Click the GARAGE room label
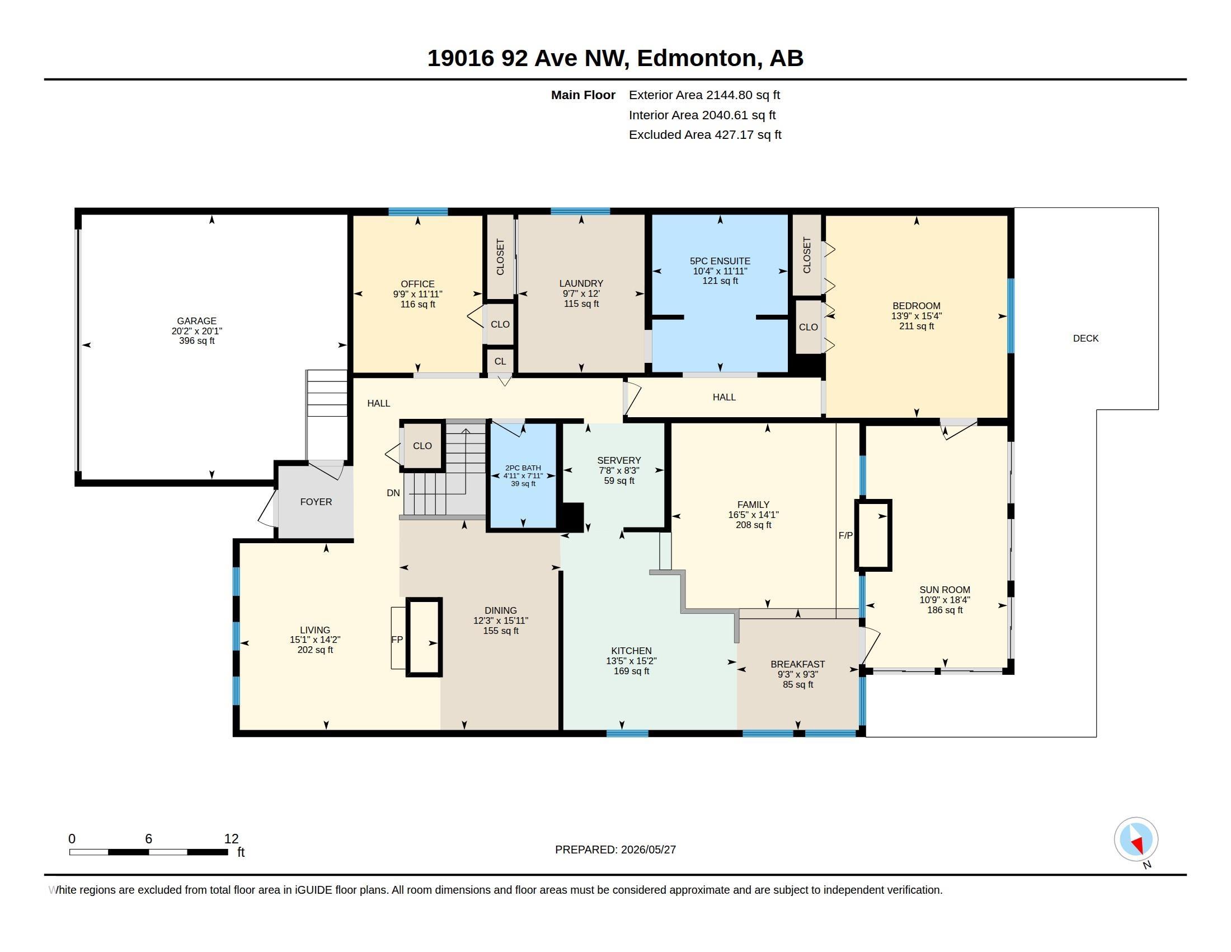tap(196, 321)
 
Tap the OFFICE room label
tap(417, 284)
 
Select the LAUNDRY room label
tap(581, 284)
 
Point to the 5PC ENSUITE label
tap(720, 261)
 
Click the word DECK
tap(1086, 338)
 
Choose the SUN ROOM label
tap(945, 590)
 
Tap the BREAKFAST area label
tap(797, 664)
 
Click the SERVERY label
tap(619, 460)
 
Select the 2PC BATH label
tap(523, 468)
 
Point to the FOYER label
tap(316, 502)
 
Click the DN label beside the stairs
tap(393, 493)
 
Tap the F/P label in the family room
tap(845, 536)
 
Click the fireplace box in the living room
tap(424, 637)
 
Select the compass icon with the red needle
tap(1136, 839)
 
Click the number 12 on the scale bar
tap(231, 839)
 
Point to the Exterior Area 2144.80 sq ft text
tap(704, 95)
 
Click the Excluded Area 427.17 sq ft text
tap(704, 135)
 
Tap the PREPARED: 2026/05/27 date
tap(615, 850)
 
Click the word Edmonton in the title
tap(697, 58)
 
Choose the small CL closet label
tap(500, 362)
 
